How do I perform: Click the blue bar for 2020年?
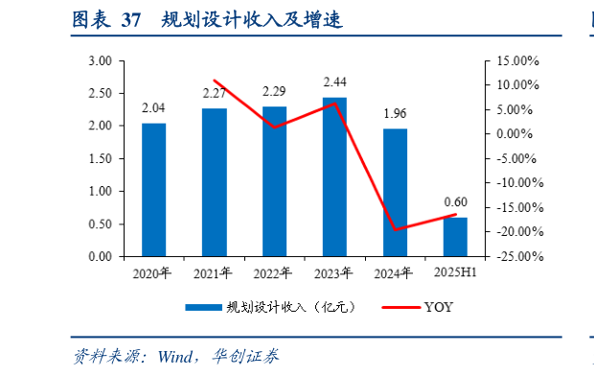pyautogui.click(x=153, y=190)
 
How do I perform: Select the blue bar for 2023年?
pyautogui.click(x=334, y=176)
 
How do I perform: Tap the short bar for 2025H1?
pyautogui.click(x=455, y=237)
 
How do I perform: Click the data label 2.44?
pyautogui.click(x=334, y=82)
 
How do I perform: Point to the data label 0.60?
pyautogui.click(x=455, y=202)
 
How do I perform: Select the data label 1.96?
pyautogui.click(x=395, y=113)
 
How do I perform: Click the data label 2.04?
pyautogui.click(x=153, y=107)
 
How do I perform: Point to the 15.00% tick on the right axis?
pyautogui.click(x=517, y=60)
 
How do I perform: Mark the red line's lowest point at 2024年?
pyautogui.click(x=395, y=230)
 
